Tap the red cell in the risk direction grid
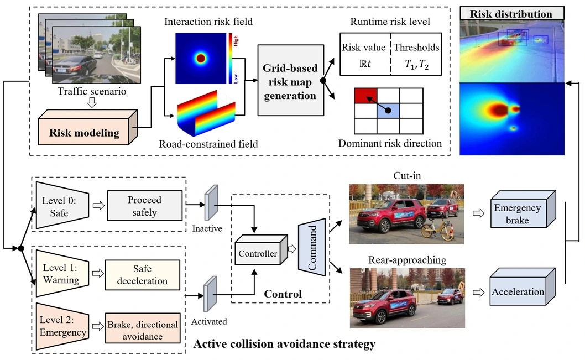click(365, 95)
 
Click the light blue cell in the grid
click(388, 111)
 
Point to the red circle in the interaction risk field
click(200, 59)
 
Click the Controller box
click(258, 254)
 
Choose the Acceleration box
click(518, 291)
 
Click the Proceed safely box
click(144, 206)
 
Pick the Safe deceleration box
click(142, 274)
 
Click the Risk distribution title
click(511, 14)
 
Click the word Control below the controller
click(283, 294)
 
